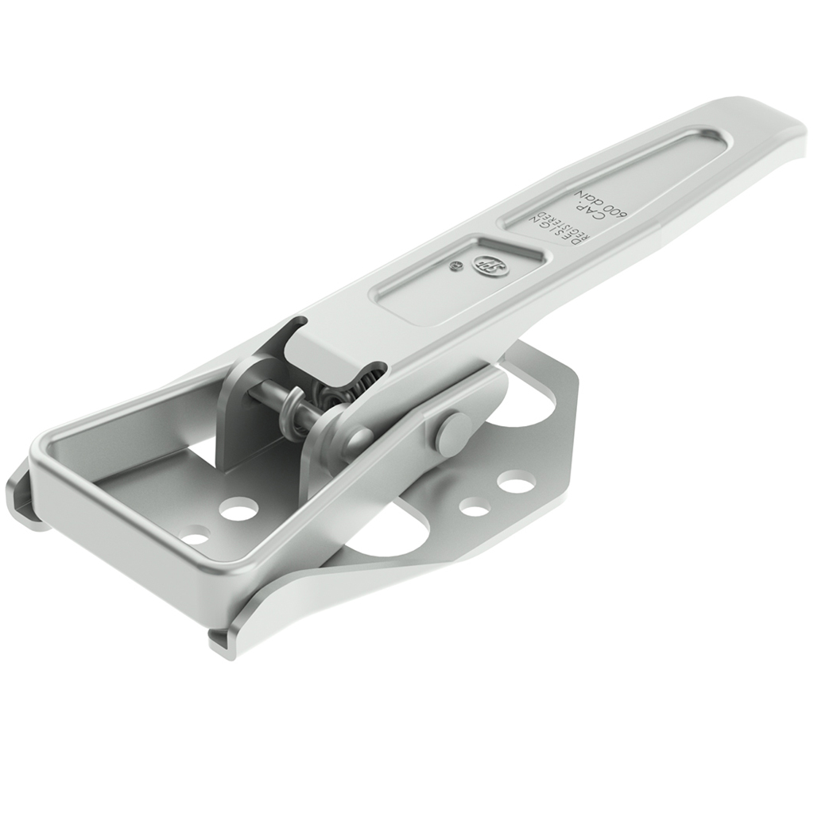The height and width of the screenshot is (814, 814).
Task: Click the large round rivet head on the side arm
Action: [452, 432]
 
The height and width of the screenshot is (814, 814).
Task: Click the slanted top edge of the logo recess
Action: [513, 245]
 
